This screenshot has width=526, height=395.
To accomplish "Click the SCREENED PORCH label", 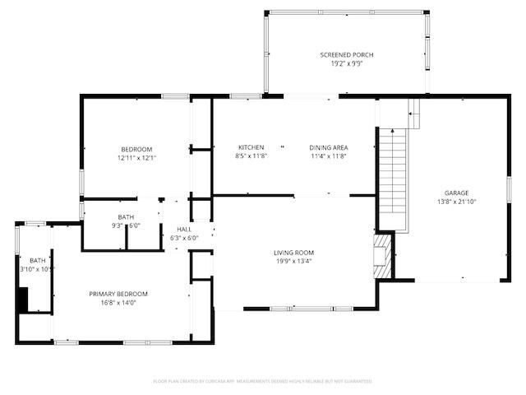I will pyautogui.click(x=346, y=55).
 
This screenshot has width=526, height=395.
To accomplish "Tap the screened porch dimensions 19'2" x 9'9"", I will pyautogui.click(x=346, y=64).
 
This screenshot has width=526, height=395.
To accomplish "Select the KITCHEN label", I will pyautogui.click(x=251, y=147).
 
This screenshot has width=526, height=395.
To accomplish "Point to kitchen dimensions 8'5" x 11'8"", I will pyautogui.click(x=251, y=156).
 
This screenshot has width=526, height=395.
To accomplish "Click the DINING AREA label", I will pyautogui.click(x=329, y=147).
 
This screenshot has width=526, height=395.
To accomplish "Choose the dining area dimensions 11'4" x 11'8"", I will pyautogui.click(x=329, y=156).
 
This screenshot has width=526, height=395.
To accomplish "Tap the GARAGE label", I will pyautogui.click(x=457, y=193).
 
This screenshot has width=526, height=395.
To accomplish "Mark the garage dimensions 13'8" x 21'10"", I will pyautogui.click(x=457, y=202).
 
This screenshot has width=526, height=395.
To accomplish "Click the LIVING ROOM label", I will pyautogui.click(x=293, y=253).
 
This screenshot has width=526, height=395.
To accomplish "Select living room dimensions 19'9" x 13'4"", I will pyautogui.click(x=293, y=262).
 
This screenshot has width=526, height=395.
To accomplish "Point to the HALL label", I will pyautogui.click(x=184, y=229).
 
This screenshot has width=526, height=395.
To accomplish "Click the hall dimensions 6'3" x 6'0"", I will pyautogui.click(x=184, y=238).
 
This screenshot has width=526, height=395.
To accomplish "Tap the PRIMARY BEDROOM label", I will pyautogui.click(x=118, y=294).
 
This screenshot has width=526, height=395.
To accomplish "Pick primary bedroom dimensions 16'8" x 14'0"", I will pyautogui.click(x=118, y=303).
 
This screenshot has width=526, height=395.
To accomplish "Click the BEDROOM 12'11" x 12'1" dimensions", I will pyautogui.click(x=136, y=158).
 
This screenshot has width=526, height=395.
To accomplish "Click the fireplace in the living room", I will pyautogui.click(x=381, y=257).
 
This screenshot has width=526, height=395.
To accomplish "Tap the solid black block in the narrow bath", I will pyautogui.click(x=23, y=300).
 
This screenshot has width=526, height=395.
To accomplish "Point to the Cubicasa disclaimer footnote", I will pyautogui.click(x=263, y=381).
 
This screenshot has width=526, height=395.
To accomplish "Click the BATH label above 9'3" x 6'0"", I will pyautogui.click(x=126, y=217).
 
